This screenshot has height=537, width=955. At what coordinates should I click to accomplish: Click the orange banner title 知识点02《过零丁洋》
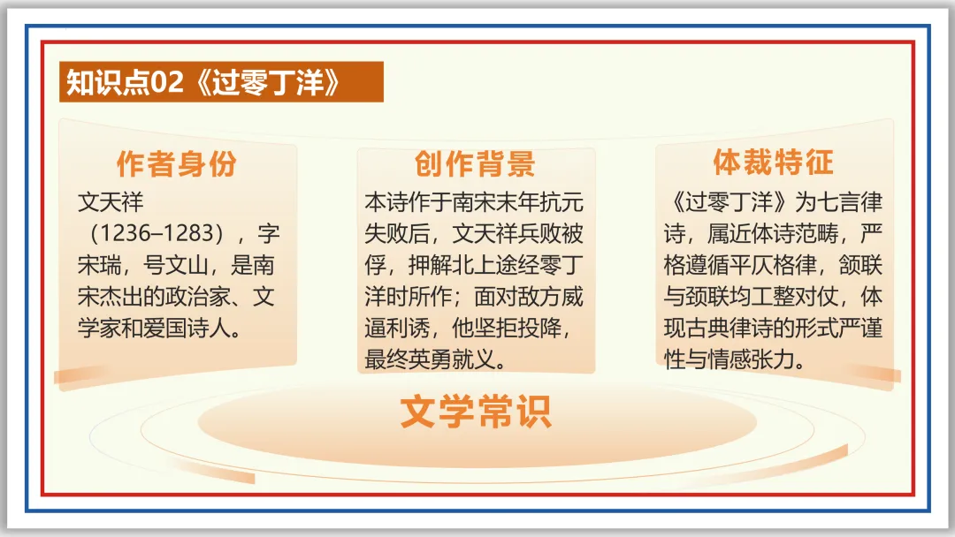203,82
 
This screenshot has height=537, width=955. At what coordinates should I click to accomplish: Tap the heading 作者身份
177,164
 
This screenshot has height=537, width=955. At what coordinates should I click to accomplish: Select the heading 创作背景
476,164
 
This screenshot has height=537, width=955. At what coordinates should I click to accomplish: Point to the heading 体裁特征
774,163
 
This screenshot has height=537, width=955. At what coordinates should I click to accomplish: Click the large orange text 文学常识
476,412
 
